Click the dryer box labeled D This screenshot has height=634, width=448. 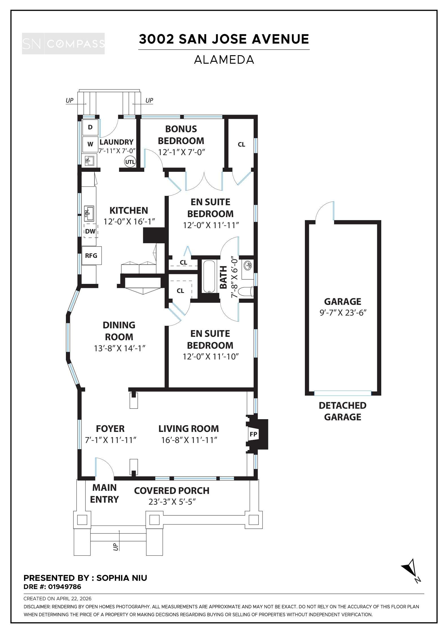pyautogui.click(x=90, y=127)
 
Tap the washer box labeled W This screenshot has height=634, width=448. pyautogui.click(x=90, y=144)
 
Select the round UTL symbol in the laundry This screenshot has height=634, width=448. pyautogui.click(x=130, y=162)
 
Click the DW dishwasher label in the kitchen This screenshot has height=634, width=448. pyautogui.click(x=90, y=231)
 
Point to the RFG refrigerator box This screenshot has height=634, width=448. pyautogui.click(x=91, y=256)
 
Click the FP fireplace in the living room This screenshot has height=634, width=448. pyautogui.click(x=253, y=434)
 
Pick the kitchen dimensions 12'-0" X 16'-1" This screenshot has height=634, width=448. pyautogui.click(x=129, y=222)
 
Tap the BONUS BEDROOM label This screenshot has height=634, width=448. pyautogui.click(x=181, y=135)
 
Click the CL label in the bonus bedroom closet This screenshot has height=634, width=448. pyautogui.click(x=241, y=145)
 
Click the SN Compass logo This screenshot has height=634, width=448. pyautogui.click(x=63, y=44)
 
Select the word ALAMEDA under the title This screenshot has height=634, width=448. pyautogui.click(x=224, y=60)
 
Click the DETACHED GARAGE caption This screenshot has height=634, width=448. pyautogui.click(x=343, y=411)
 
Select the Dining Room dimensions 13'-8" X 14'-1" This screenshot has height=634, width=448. pyautogui.click(x=120, y=348)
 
